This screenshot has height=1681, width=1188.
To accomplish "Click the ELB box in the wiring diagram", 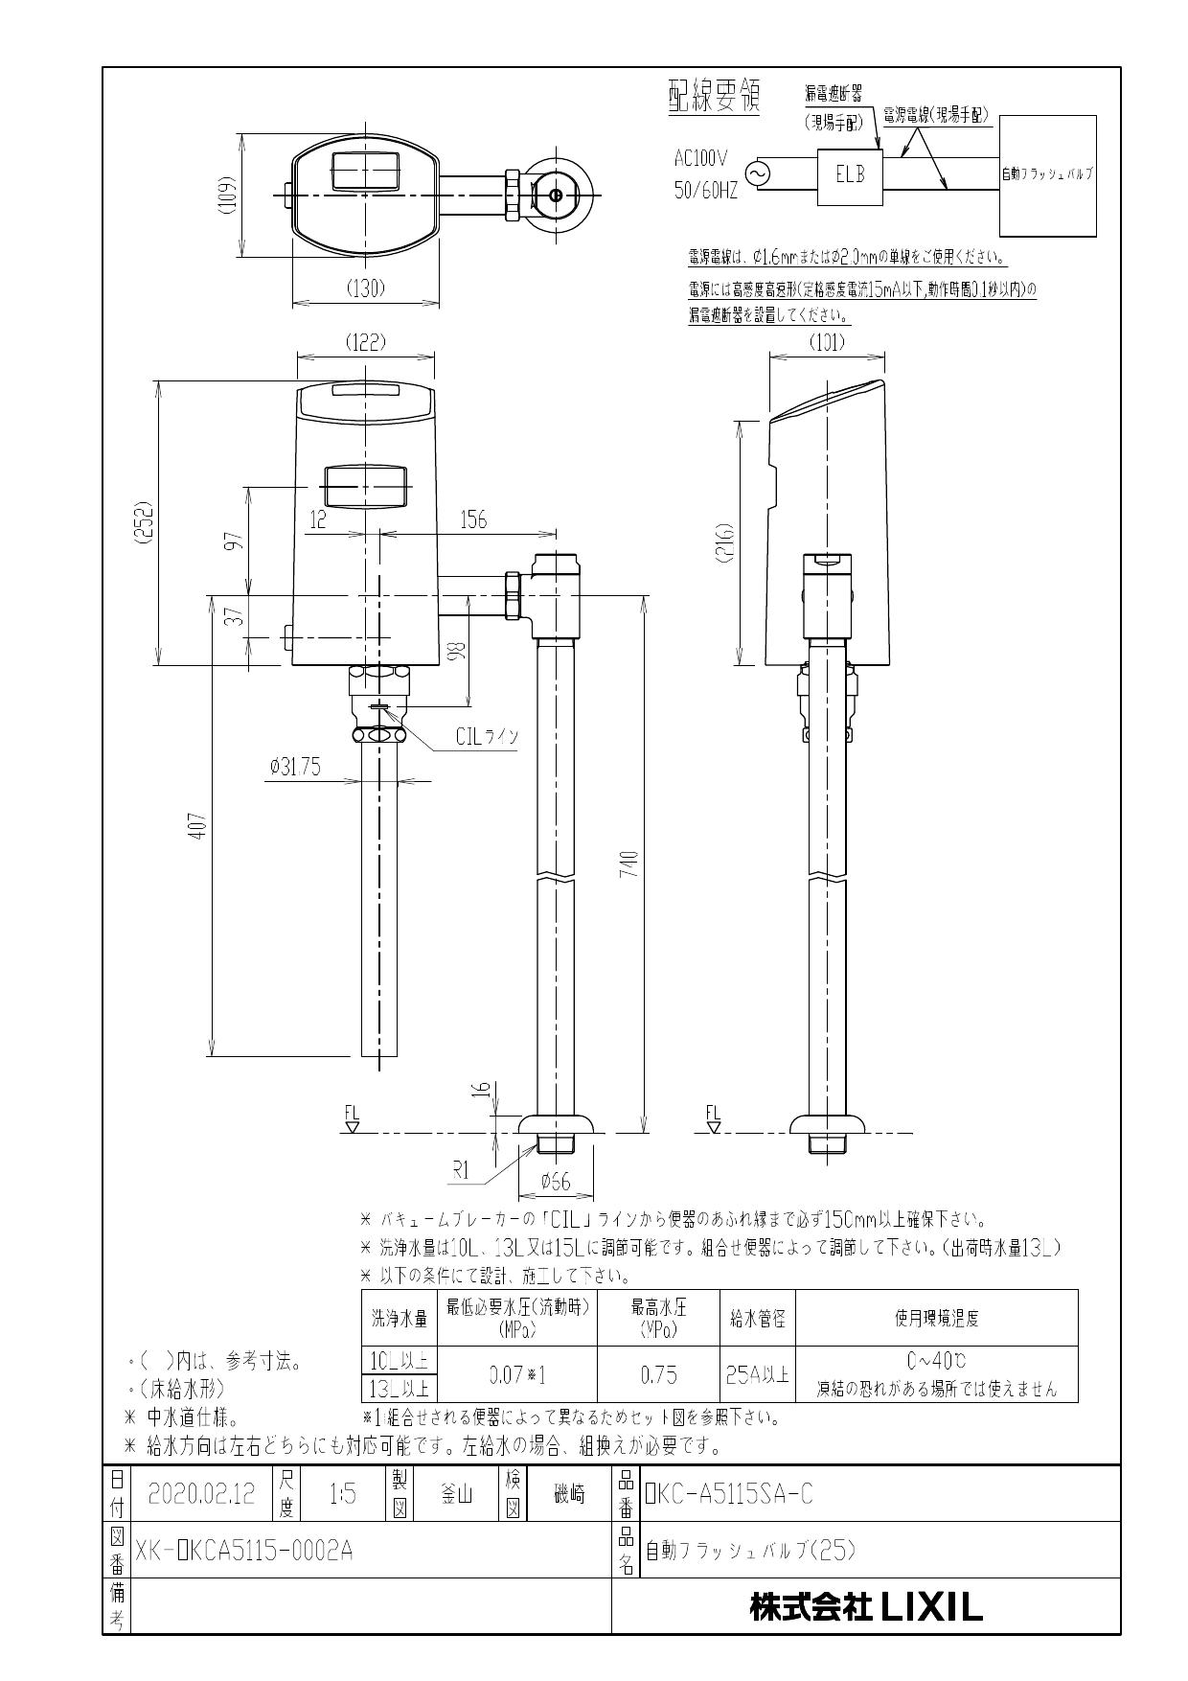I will [x=849, y=176].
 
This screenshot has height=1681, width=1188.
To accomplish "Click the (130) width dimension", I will [x=365, y=288].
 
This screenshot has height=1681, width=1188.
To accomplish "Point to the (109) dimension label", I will [x=225, y=196].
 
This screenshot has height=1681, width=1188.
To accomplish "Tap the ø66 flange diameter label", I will [x=555, y=1182].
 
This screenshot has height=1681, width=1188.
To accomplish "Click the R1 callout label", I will [x=461, y=1170].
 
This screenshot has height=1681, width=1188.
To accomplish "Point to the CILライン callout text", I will [x=487, y=736].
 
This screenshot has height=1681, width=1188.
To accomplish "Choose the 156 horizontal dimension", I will [x=473, y=519].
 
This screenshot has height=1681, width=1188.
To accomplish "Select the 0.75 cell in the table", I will [x=658, y=1375].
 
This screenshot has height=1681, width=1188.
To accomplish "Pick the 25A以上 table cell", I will [x=757, y=1375].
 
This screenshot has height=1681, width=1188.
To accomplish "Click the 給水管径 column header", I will [x=757, y=1319].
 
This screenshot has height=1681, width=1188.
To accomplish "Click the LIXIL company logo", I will [x=866, y=1608].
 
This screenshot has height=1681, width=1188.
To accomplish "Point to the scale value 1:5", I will [x=342, y=1493].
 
